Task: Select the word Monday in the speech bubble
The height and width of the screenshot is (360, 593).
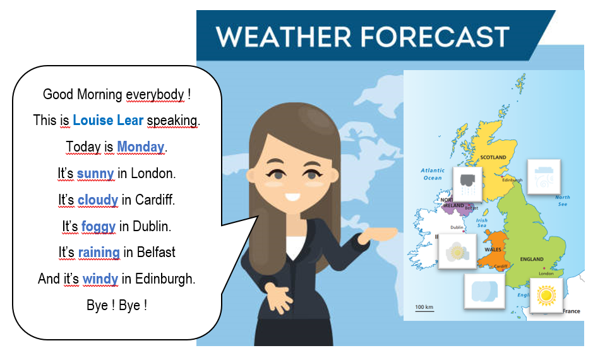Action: [140, 147]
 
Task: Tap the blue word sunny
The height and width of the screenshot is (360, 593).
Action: [95, 174]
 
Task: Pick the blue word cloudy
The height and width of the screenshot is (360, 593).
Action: [98, 200]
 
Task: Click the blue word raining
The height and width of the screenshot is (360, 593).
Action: [99, 253]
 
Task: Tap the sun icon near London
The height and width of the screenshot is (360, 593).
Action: [545, 295]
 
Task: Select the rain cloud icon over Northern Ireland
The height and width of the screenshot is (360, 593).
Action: [468, 183]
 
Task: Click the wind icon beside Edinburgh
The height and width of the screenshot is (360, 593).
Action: [543, 176]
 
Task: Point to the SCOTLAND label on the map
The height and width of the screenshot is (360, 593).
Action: [493, 157]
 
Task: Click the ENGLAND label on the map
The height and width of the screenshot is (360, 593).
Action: [531, 259]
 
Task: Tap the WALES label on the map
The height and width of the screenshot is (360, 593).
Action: [493, 249]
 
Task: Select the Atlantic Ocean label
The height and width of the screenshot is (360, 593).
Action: [433, 174]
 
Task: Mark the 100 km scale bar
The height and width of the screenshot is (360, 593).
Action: [424, 308]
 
